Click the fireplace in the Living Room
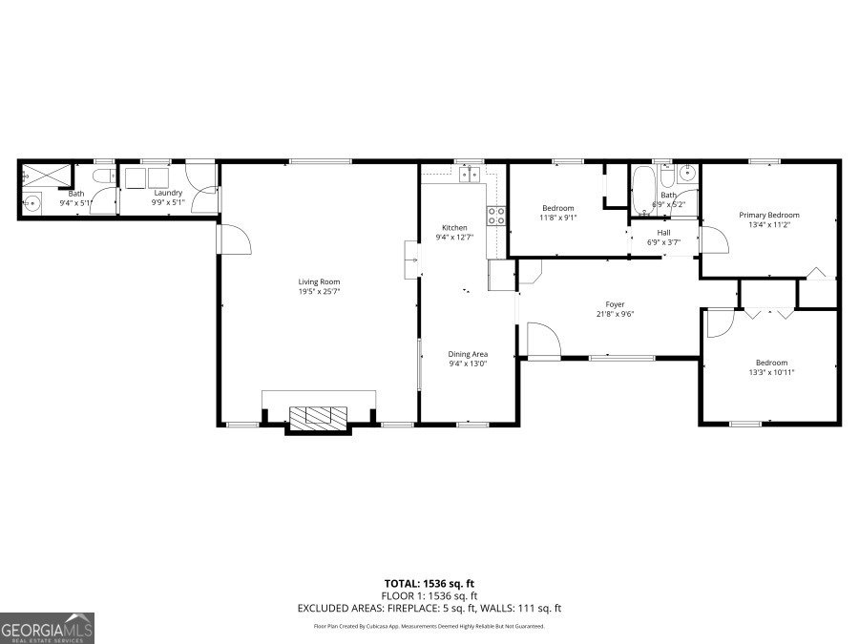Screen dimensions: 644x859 click(319, 416)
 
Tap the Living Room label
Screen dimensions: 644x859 click(319, 281)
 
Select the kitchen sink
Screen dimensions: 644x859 click(469, 174)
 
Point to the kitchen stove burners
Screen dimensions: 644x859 click(496, 216)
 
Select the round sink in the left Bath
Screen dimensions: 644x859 click(32, 202)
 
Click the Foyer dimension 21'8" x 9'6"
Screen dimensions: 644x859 click(615, 314)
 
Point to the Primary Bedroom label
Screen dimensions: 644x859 click(769, 215)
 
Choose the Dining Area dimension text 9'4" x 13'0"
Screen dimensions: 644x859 click(468, 364)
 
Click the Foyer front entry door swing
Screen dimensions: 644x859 click(542, 341)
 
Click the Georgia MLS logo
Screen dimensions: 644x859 click(48, 629)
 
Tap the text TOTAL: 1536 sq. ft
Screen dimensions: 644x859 click(429, 582)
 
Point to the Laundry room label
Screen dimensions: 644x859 click(168, 193)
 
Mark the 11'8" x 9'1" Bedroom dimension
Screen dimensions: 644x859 click(558, 218)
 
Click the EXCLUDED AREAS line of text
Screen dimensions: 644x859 click(429, 608)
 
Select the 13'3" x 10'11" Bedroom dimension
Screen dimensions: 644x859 click(771, 372)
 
